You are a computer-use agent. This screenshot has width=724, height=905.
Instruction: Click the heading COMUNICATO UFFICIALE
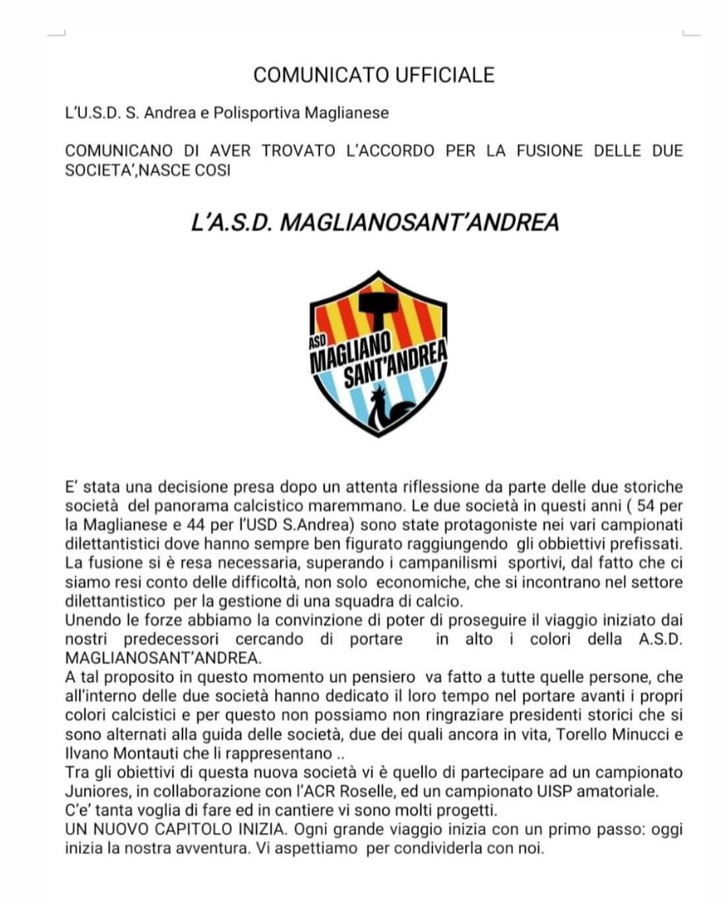coord(374,75)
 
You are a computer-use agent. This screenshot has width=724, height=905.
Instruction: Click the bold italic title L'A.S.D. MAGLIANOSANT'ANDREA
coord(375,222)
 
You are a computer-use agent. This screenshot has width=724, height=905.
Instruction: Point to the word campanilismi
coord(449,563)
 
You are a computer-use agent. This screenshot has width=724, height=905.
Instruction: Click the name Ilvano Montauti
coord(115,753)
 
